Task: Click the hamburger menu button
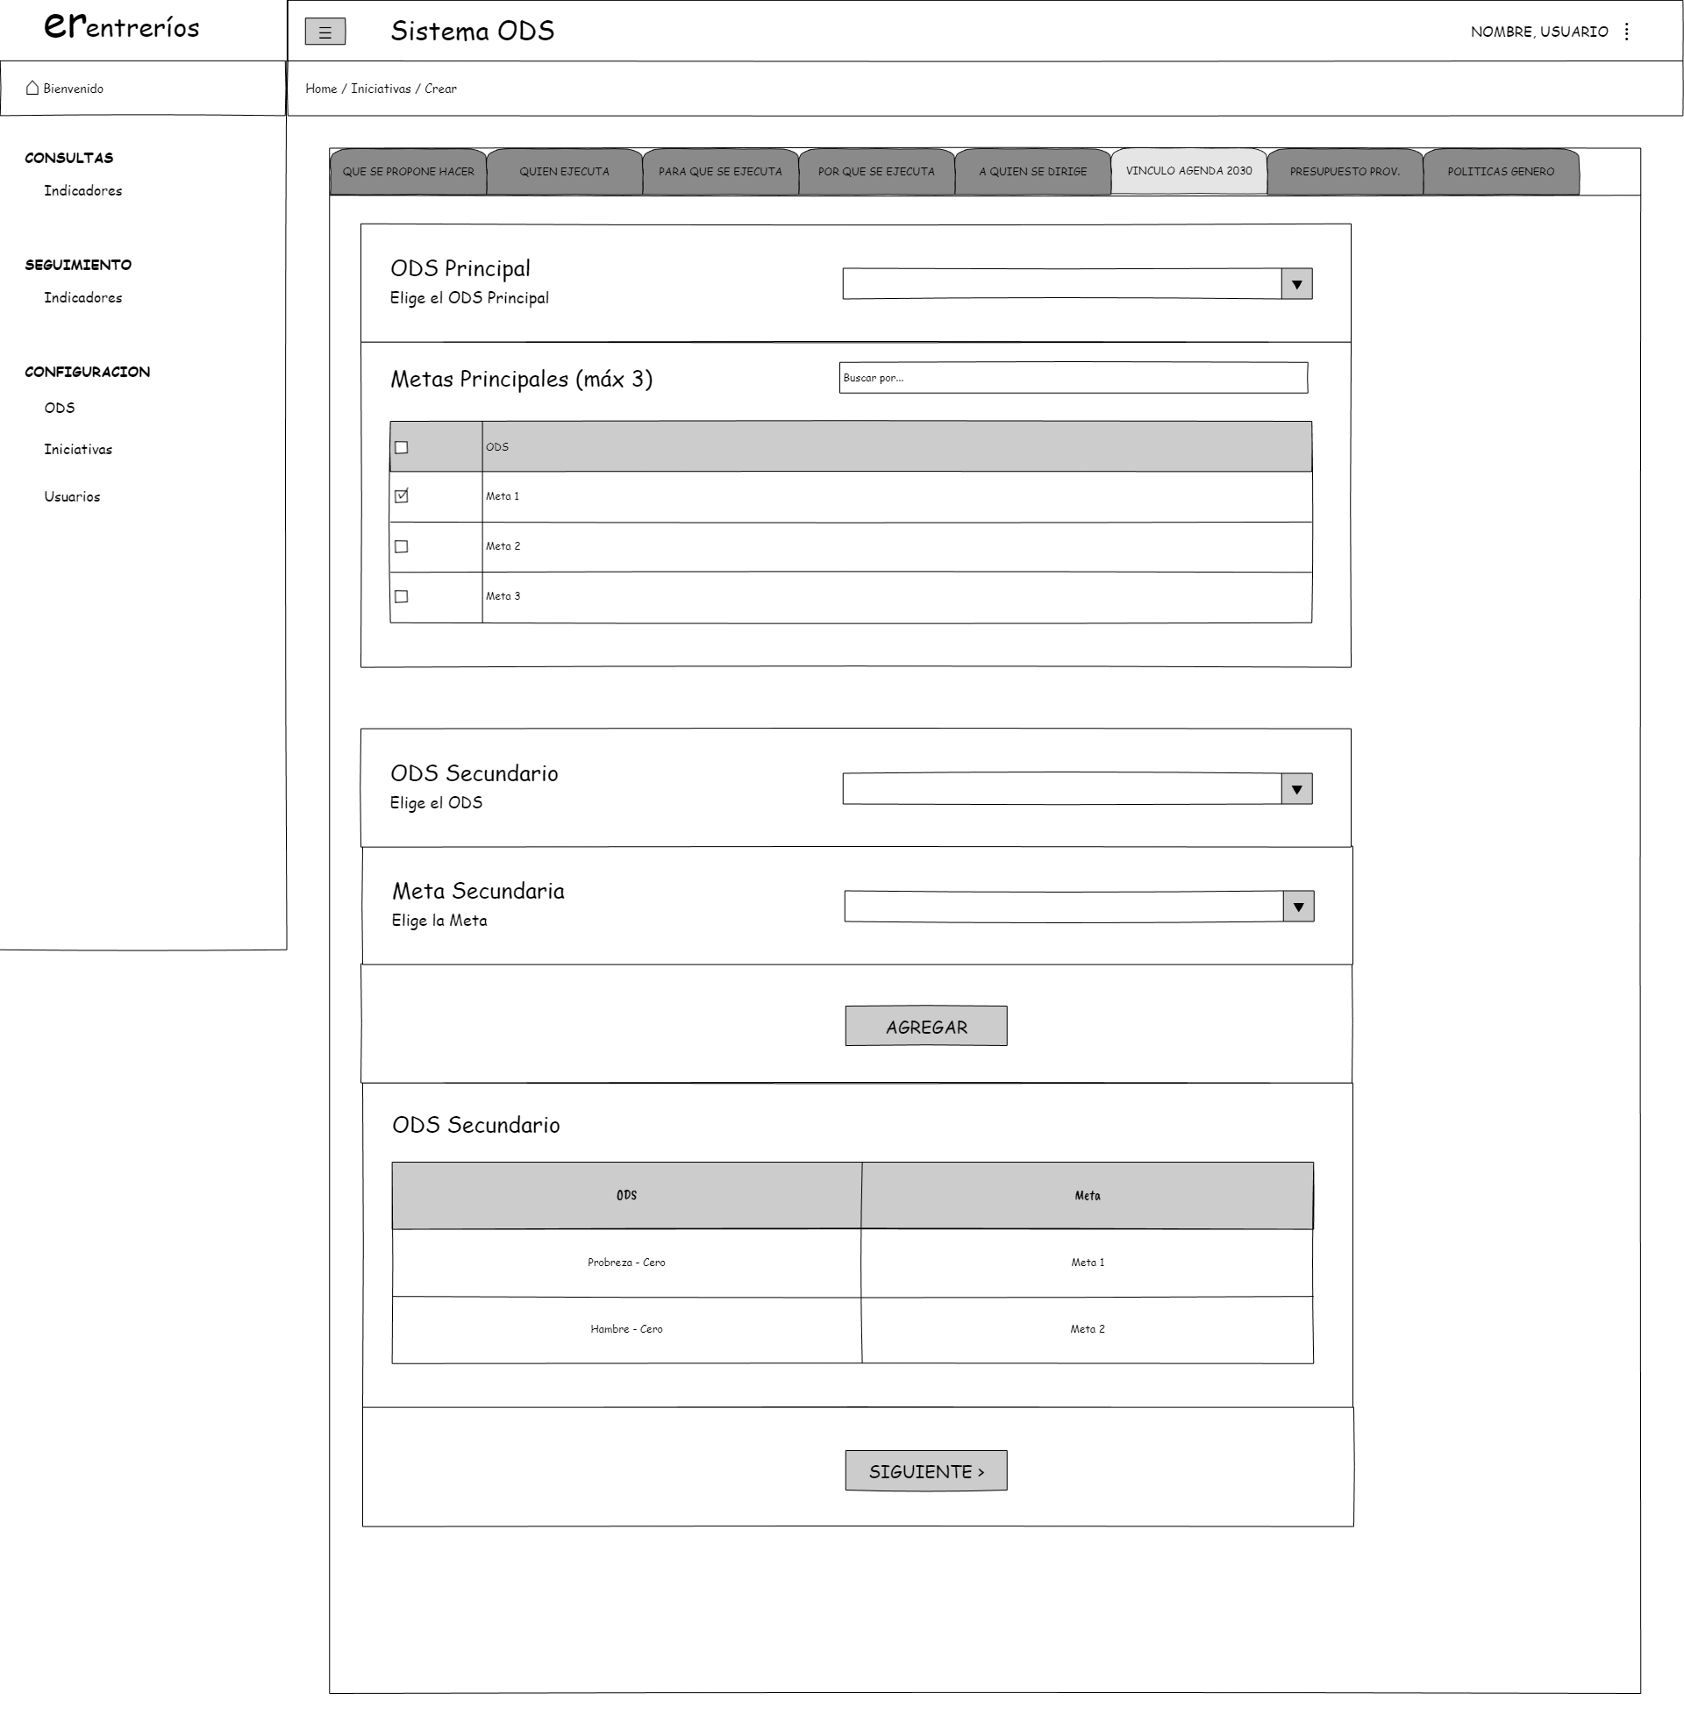[x=325, y=32]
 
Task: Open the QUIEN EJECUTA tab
[x=563, y=171]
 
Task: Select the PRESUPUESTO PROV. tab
[x=1344, y=171]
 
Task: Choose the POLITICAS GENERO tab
[x=1500, y=171]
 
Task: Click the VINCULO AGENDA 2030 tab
[x=1188, y=170]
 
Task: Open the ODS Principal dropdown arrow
[x=1296, y=284]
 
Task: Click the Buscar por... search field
[x=1072, y=377]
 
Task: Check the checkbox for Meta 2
[x=402, y=546]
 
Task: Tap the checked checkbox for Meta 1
[x=402, y=496]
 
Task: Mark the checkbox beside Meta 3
[x=402, y=596]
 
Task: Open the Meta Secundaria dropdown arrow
[x=1298, y=906]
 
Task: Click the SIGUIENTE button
[x=924, y=1470]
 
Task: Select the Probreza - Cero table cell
[x=625, y=1263]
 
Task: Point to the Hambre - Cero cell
[x=625, y=1328]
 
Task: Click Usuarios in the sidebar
[x=72, y=496]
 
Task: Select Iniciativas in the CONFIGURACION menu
[x=78, y=449]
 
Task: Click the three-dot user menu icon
[x=1625, y=32]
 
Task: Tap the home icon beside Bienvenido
[x=32, y=88]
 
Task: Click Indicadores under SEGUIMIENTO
[x=82, y=297]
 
